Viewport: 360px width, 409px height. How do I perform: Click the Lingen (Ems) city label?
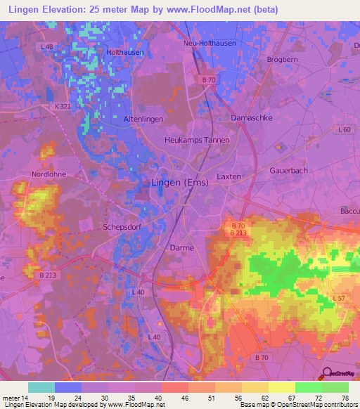[x=180, y=183]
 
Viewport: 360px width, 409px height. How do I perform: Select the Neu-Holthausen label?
[x=210, y=43]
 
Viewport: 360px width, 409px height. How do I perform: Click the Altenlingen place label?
[x=144, y=119]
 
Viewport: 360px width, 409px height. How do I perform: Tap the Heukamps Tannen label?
[x=197, y=141]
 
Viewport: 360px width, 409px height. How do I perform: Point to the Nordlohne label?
[x=47, y=174]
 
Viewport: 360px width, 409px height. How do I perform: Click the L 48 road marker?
[x=47, y=46]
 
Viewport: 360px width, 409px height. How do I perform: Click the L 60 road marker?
[x=344, y=130]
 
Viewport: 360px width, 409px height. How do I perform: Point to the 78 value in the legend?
[x=345, y=397]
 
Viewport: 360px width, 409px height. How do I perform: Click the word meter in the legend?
[x=13, y=397]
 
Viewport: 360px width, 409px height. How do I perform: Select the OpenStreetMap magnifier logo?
[x=326, y=373]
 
